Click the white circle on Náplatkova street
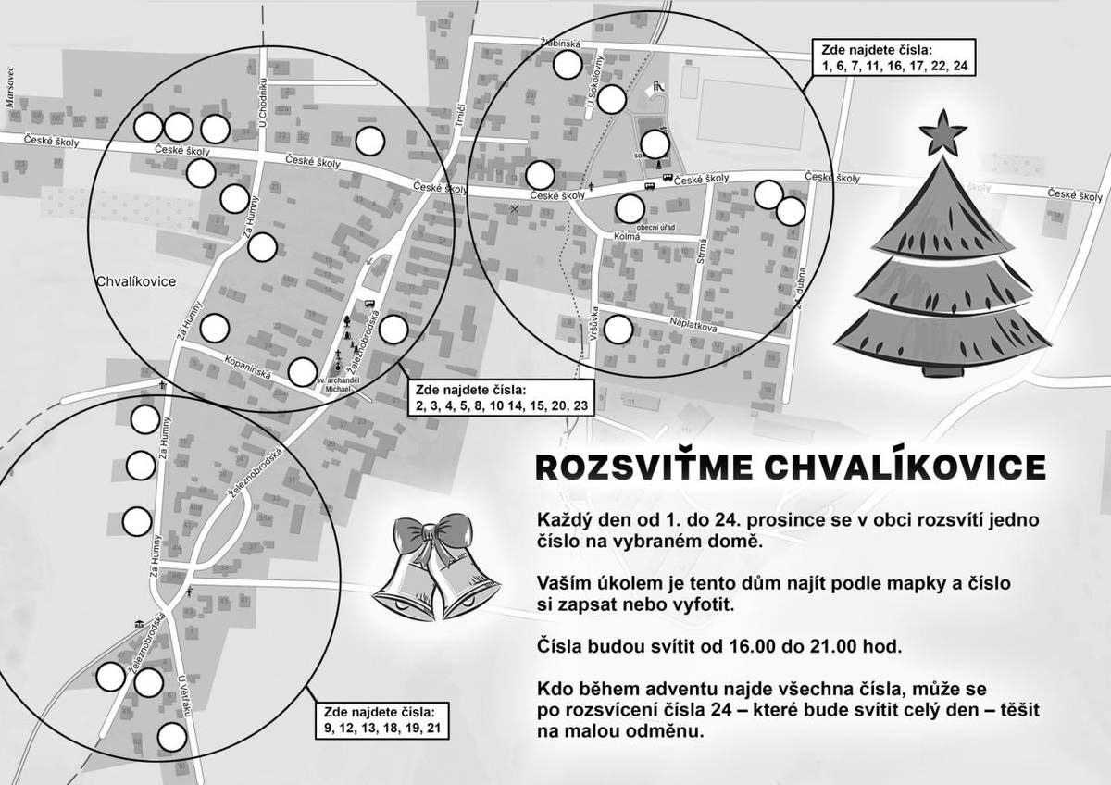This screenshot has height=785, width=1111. (x=618, y=330)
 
